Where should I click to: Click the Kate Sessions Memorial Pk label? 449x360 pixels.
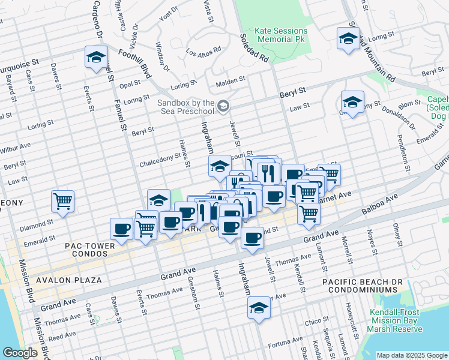(281, 35)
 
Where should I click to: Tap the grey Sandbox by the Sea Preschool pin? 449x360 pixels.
(223, 107)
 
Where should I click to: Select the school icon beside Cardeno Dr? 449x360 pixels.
(96, 58)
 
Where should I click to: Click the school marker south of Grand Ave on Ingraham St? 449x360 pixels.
(259, 308)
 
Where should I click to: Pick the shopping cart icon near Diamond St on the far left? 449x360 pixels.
(62, 202)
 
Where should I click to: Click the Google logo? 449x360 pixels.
(20, 353)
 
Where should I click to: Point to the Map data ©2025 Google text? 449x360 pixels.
(411, 355)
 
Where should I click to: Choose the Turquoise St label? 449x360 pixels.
(19, 62)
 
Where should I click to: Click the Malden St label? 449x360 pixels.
(231, 79)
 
